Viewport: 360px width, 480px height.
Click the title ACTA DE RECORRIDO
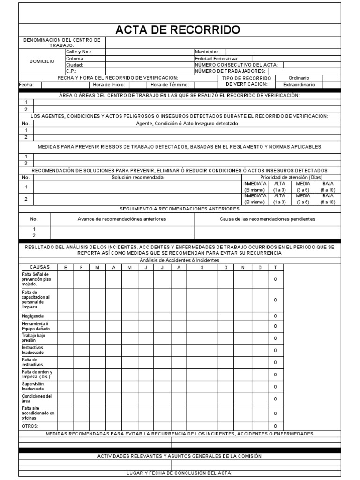click(178, 30)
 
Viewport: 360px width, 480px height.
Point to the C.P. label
click(71, 71)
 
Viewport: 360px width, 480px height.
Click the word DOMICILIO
click(42, 61)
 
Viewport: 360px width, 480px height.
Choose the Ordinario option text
click(299, 78)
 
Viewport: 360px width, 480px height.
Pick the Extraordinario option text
click(299, 85)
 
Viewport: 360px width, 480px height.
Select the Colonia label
click(75, 58)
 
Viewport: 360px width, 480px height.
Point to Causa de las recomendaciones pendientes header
click(268, 219)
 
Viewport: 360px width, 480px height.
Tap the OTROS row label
click(30, 426)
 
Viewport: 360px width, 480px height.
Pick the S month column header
click(202, 267)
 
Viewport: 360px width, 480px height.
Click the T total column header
click(275, 267)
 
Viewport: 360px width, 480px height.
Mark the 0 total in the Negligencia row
click(275, 316)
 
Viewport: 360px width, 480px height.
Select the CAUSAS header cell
click(39, 267)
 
